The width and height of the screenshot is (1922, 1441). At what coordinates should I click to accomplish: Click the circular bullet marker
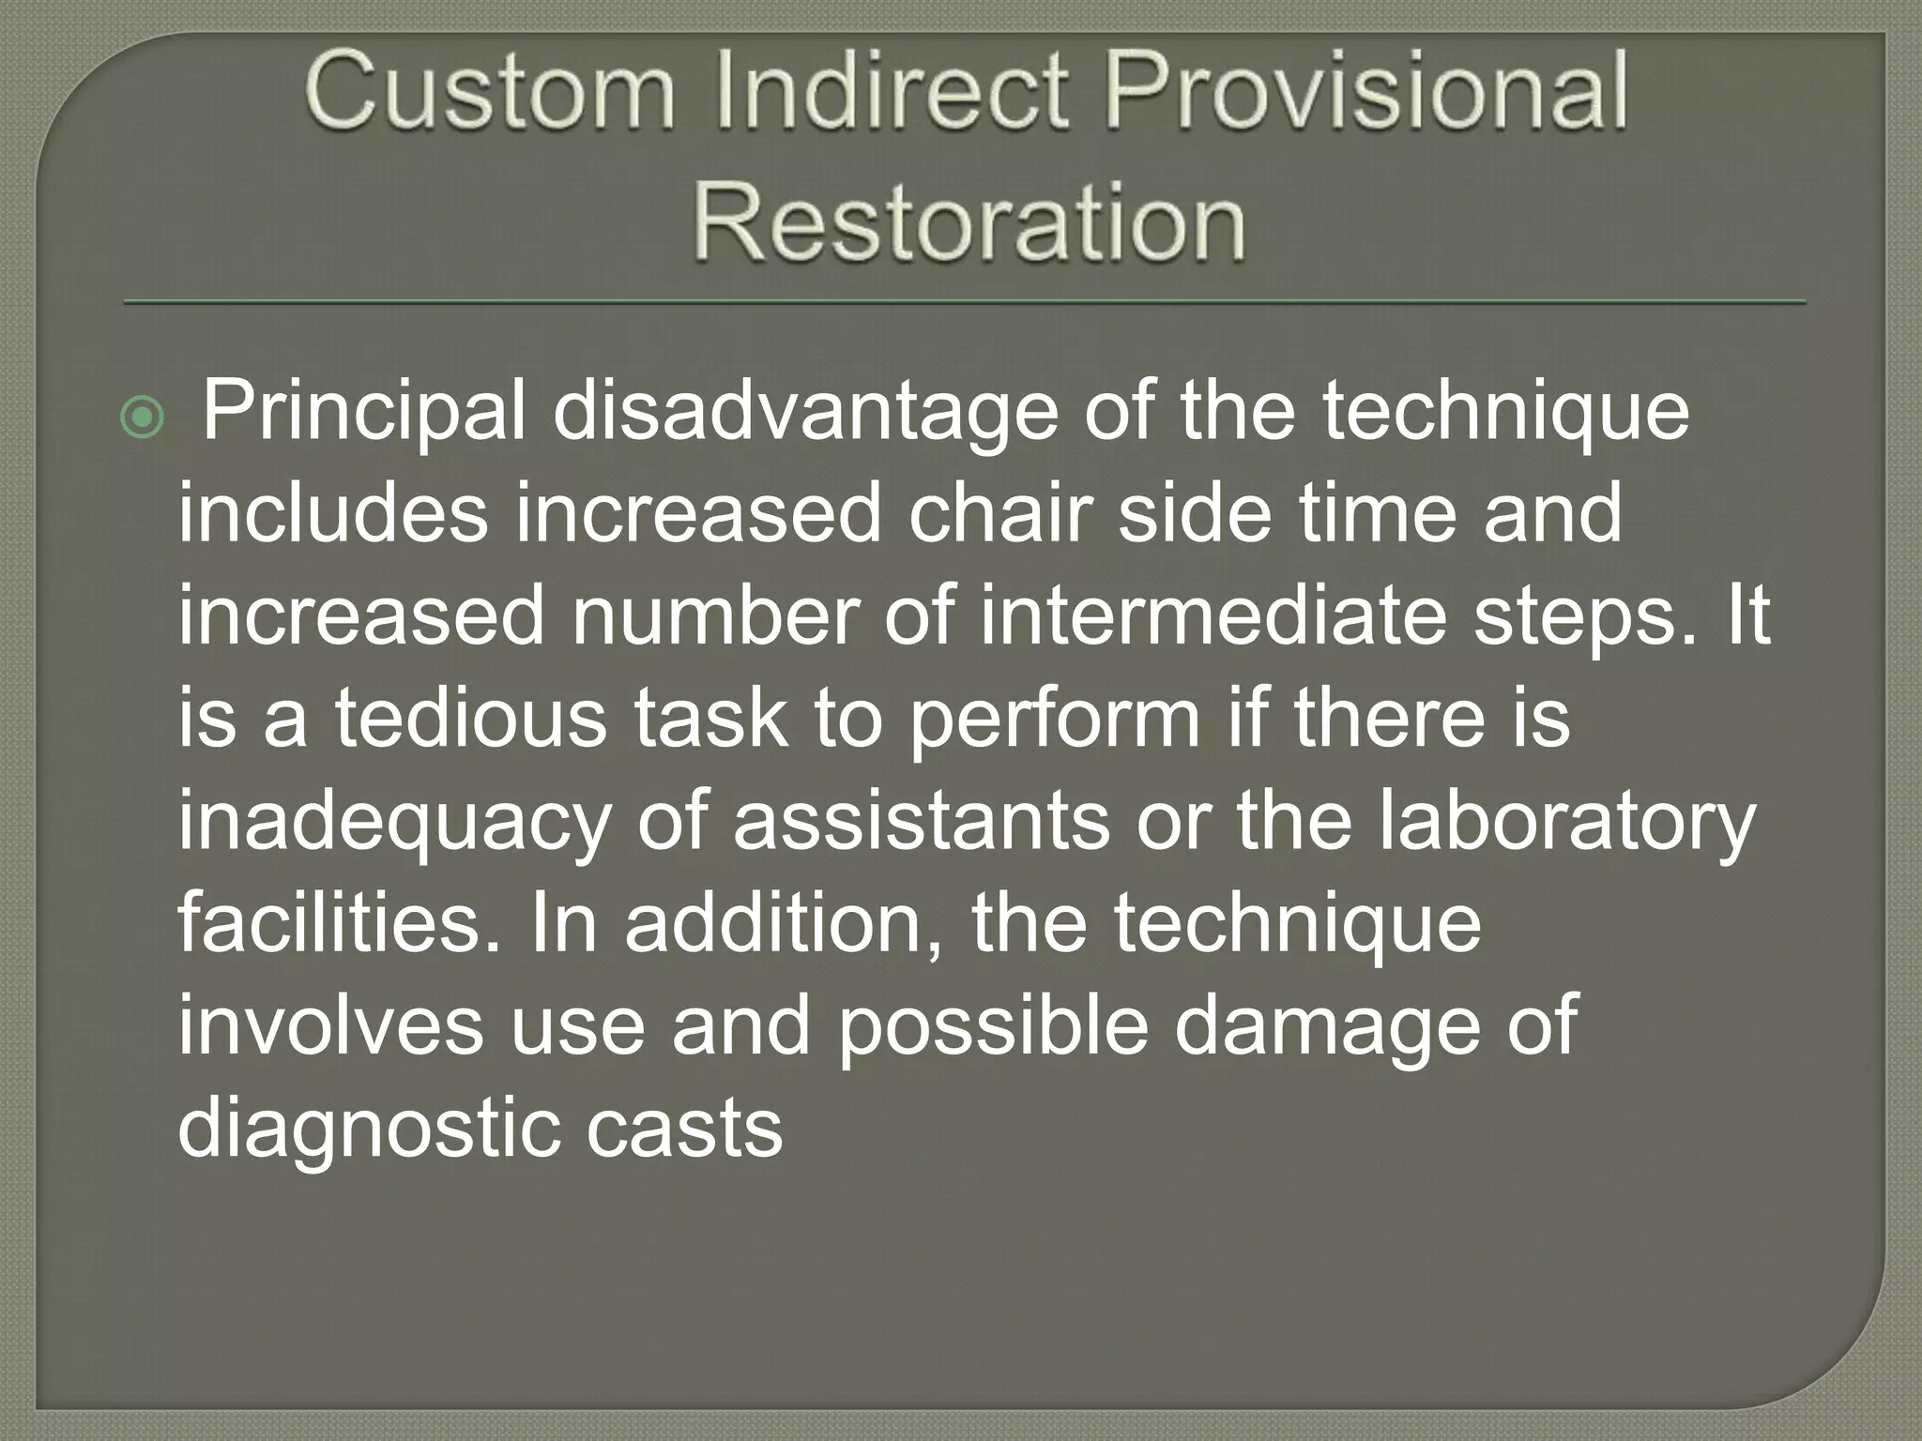[143, 418]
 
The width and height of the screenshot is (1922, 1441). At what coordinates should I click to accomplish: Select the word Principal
[365, 413]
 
